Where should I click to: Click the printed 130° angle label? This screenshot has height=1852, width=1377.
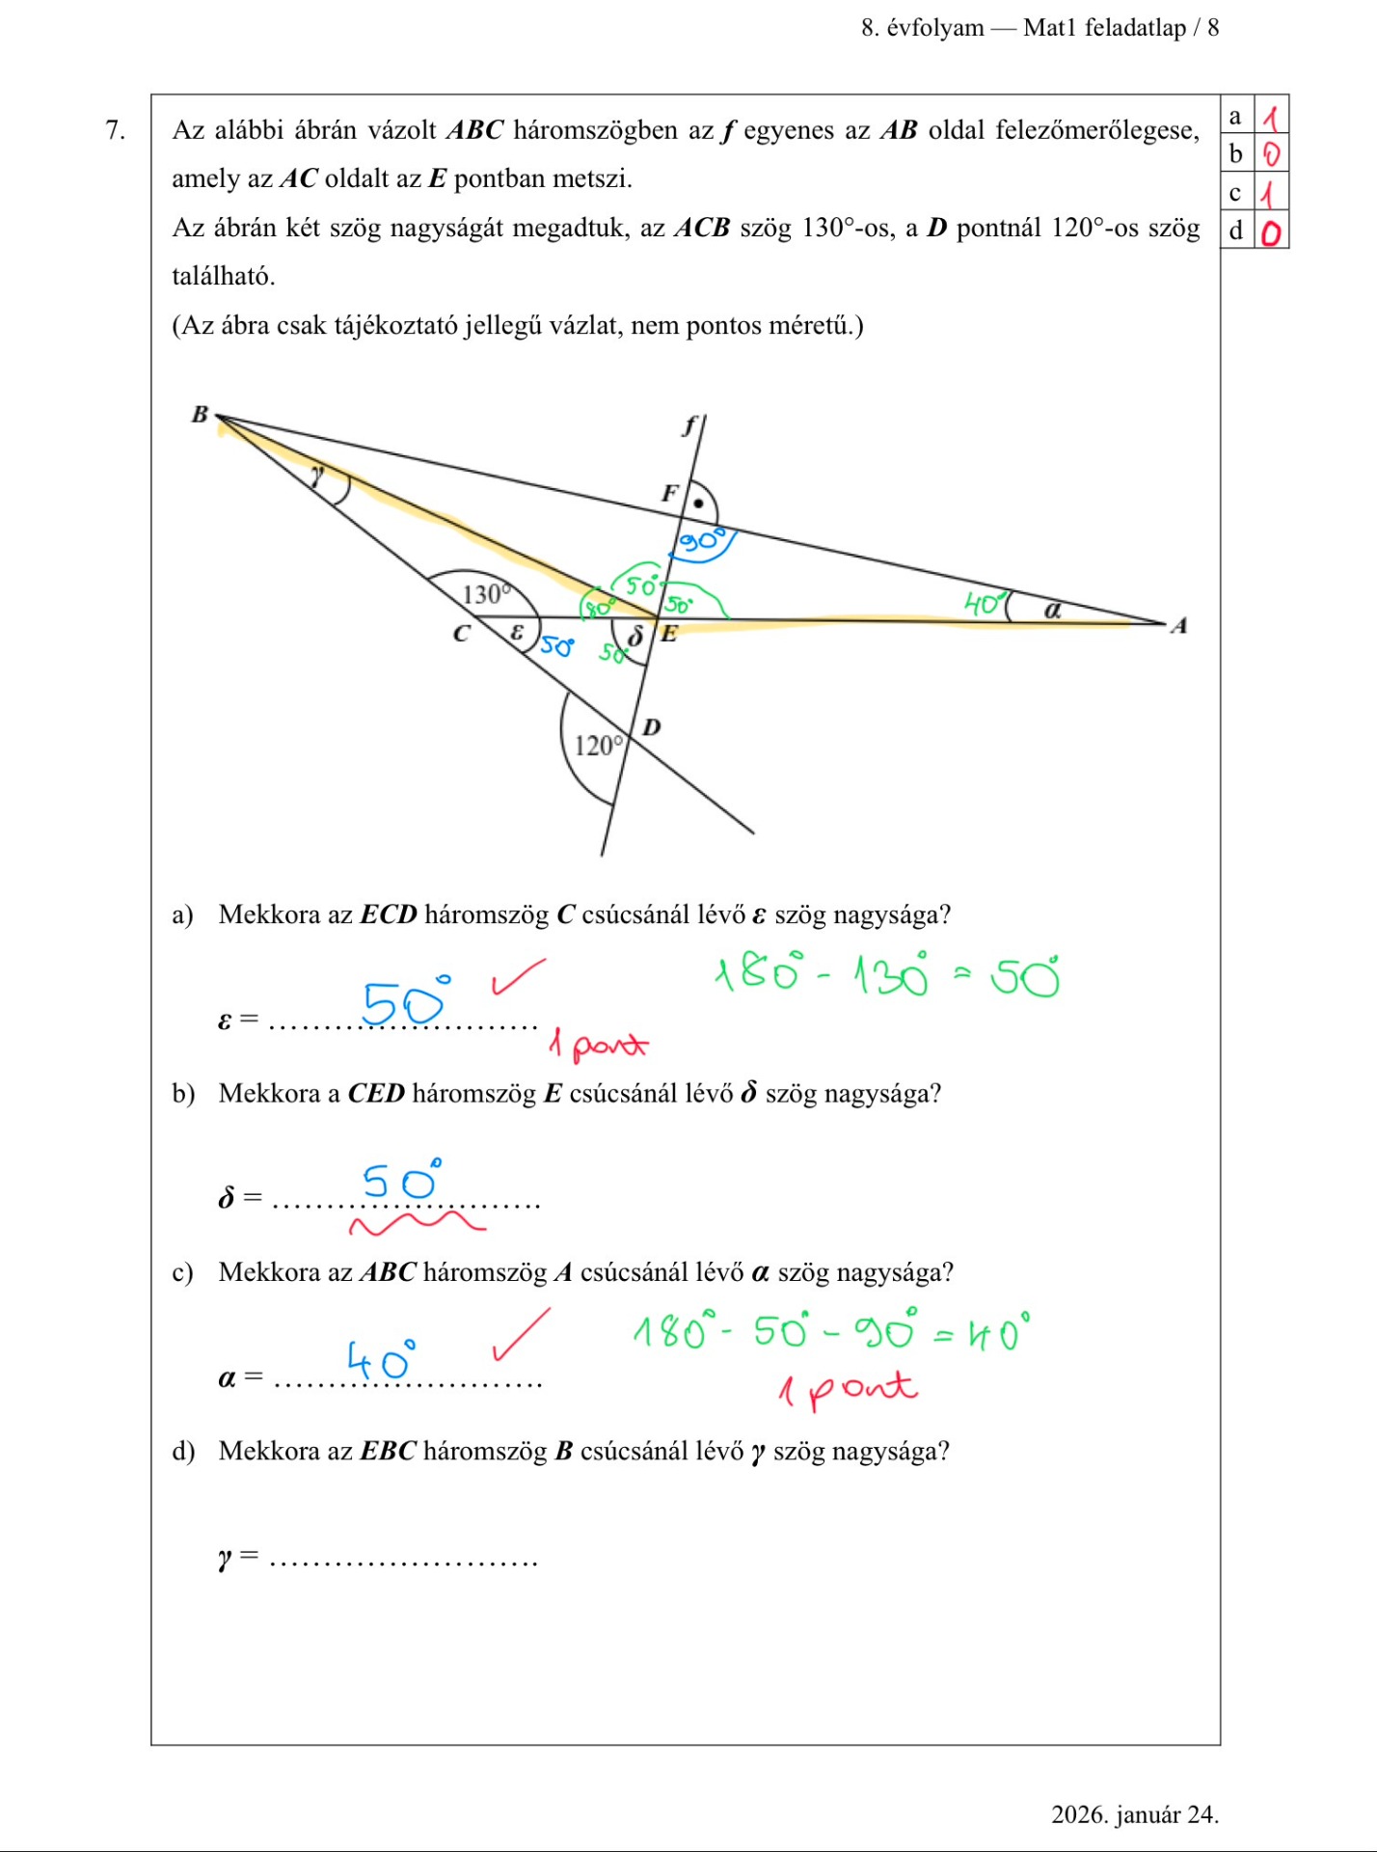coord(484,593)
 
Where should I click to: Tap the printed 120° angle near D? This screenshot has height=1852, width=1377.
coord(599,745)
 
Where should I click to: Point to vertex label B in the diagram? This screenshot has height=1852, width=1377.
coord(200,415)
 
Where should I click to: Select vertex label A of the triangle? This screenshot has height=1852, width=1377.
coord(1178,626)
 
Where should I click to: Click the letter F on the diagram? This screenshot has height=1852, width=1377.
coord(669,493)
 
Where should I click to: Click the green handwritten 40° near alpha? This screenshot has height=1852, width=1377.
coord(984,604)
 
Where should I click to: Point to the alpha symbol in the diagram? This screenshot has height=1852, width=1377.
coord(1052,610)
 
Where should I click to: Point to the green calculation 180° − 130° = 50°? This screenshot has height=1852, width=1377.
coord(885,974)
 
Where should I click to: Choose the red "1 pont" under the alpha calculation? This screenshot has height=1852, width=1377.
coord(847,1389)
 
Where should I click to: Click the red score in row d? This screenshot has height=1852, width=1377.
coord(1271,232)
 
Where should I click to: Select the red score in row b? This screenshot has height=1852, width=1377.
coord(1271,154)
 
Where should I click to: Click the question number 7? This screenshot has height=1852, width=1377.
coord(116,130)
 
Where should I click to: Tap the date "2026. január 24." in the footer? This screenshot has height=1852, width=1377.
coord(1134,1813)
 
